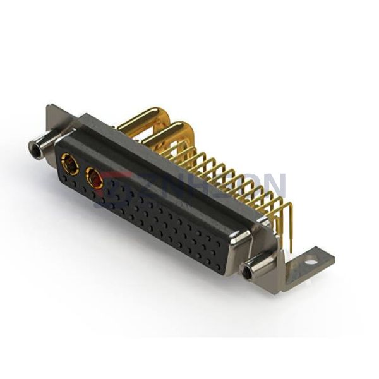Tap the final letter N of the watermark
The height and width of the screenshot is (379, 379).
[x=273, y=187]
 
